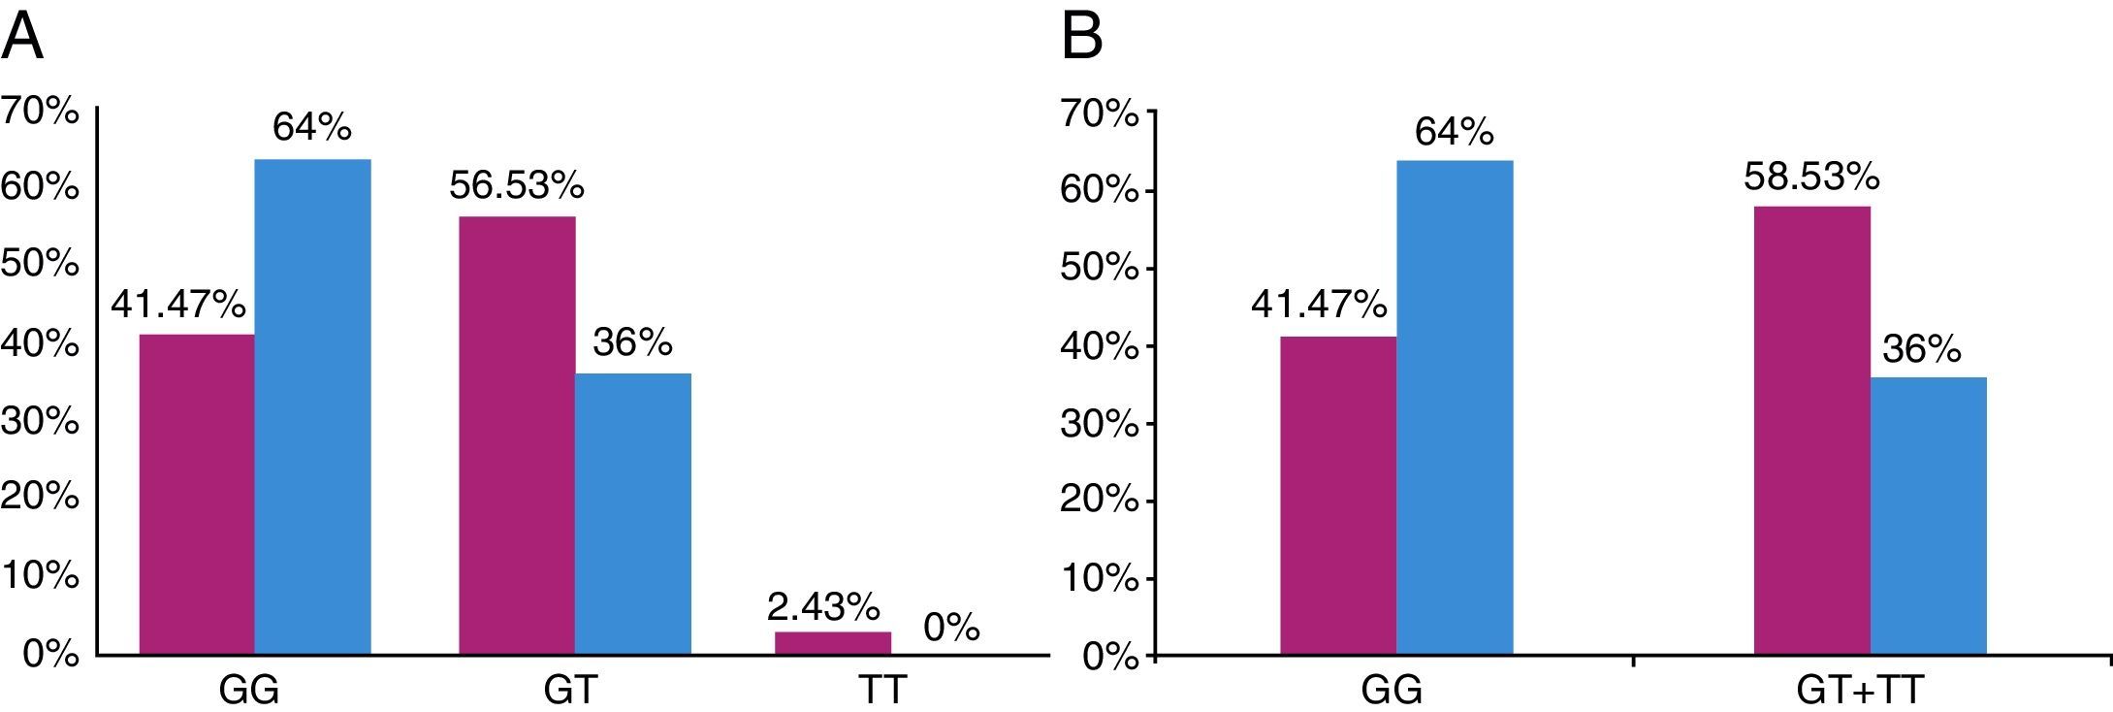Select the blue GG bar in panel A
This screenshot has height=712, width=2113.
pos(312,407)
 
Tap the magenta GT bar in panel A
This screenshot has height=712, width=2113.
pos(517,437)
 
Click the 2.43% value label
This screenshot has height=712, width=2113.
pos(823,607)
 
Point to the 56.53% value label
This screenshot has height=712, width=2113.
pos(516,184)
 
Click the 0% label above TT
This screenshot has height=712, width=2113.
pos(951,628)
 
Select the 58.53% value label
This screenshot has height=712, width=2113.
pos(1811,177)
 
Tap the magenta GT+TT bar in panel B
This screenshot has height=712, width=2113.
pos(1811,432)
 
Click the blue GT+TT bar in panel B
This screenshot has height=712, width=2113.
pos(1928,516)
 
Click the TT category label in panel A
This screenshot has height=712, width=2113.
pos(881,690)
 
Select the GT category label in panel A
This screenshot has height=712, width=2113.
pos(570,690)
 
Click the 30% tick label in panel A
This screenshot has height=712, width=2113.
pos(40,420)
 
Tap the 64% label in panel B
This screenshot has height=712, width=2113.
pos(1454,131)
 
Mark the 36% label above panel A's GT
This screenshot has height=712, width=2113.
pos(632,341)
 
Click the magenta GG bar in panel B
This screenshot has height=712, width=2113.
pos(1338,496)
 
